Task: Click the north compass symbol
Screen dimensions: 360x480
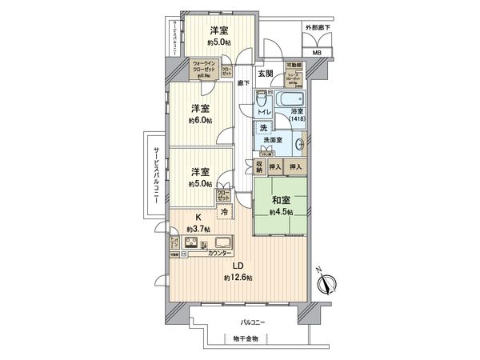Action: [x=329, y=282]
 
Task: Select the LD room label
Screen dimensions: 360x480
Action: [x=238, y=266]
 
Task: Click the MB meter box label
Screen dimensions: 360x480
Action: [x=317, y=53]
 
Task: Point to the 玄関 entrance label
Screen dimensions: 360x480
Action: [x=266, y=74]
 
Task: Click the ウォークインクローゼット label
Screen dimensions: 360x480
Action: [x=203, y=70]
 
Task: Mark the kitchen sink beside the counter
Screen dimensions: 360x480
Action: [x=219, y=242]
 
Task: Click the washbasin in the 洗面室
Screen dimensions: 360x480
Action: [x=299, y=145]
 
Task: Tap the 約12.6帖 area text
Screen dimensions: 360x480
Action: [x=238, y=277]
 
